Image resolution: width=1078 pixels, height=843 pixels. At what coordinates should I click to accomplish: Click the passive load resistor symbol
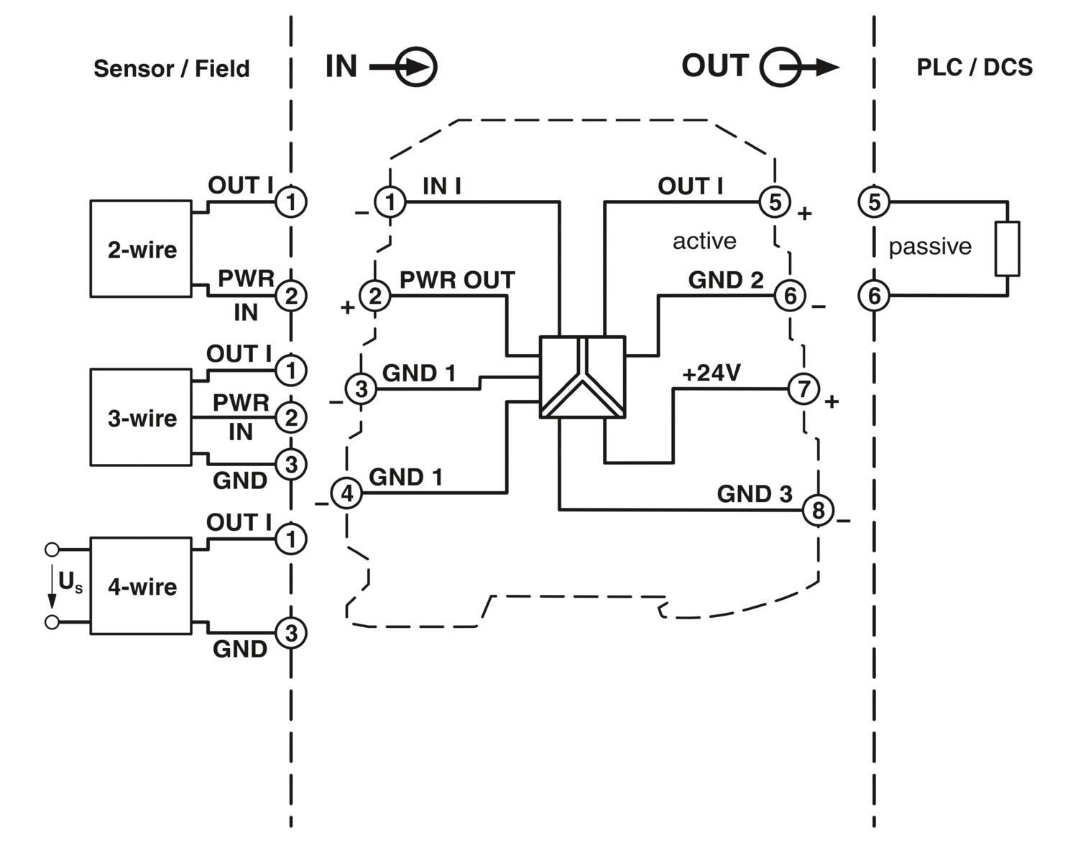pyautogui.click(x=1008, y=248)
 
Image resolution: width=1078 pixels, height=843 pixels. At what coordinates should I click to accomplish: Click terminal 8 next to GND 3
pyautogui.click(x=818, y=510)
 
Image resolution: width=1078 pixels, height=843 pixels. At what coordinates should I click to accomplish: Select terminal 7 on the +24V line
pyautogui.click(x=803, y=388)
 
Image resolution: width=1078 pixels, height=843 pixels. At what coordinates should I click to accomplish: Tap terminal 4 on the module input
pyautogui.click(x=347, y=493)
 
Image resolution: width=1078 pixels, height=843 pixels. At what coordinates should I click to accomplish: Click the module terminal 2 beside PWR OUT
pyautogui.click(x=375, y=296)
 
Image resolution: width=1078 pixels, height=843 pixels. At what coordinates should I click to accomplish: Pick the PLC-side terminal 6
pyautogui.click(x=874, y=296)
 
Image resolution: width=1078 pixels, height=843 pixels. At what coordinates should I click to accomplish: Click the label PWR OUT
pyautogui.click(x=457, y=280)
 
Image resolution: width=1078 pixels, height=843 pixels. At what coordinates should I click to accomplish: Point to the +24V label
pyautogui.click(x=712, y=373)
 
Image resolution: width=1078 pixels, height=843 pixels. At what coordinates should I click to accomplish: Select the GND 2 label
pyautogui.click(x=726, y=280)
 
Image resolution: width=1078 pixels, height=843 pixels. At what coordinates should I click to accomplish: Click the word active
pyautogui.click(x=704, y=241)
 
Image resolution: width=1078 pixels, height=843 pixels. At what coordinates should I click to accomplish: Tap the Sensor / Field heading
pyautogui.click(x=172, y=68)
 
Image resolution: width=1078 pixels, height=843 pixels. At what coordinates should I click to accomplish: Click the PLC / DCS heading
pyautogui.click(x=975, y=68)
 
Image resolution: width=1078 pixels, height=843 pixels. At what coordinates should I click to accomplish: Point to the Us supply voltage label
pyautogui.click(x=70, y=581)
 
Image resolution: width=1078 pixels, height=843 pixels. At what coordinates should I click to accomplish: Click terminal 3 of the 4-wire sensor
pyautogui.click(x=291, y=633)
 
